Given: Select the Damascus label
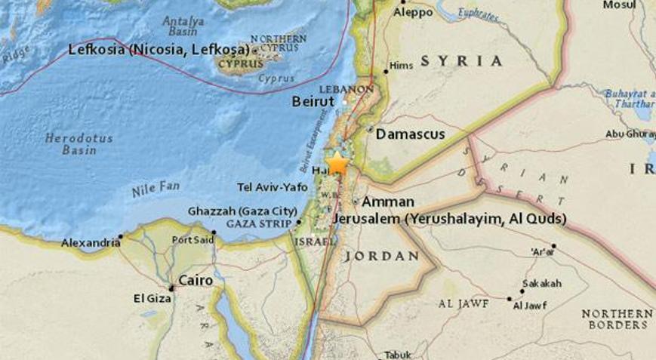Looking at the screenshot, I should (x=410, y=134).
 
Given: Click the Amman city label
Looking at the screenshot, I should (x=387, y=202).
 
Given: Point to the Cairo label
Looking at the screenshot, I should (x=195, y=280).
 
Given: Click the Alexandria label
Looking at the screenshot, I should (x=91, y=242).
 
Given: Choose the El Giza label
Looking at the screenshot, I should (x=149, y=299).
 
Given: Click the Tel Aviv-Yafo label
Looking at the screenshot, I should (x=273, y=186).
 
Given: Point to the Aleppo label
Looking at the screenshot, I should (x=414, y=12).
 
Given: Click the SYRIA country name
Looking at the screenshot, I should (x=461, y=60).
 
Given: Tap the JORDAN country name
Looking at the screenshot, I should (x=381, y=256).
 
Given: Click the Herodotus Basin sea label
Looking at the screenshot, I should (x=79, y=144).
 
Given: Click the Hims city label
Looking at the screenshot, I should (x=402, y=66).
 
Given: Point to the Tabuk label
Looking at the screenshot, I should (x=398, y=354).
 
